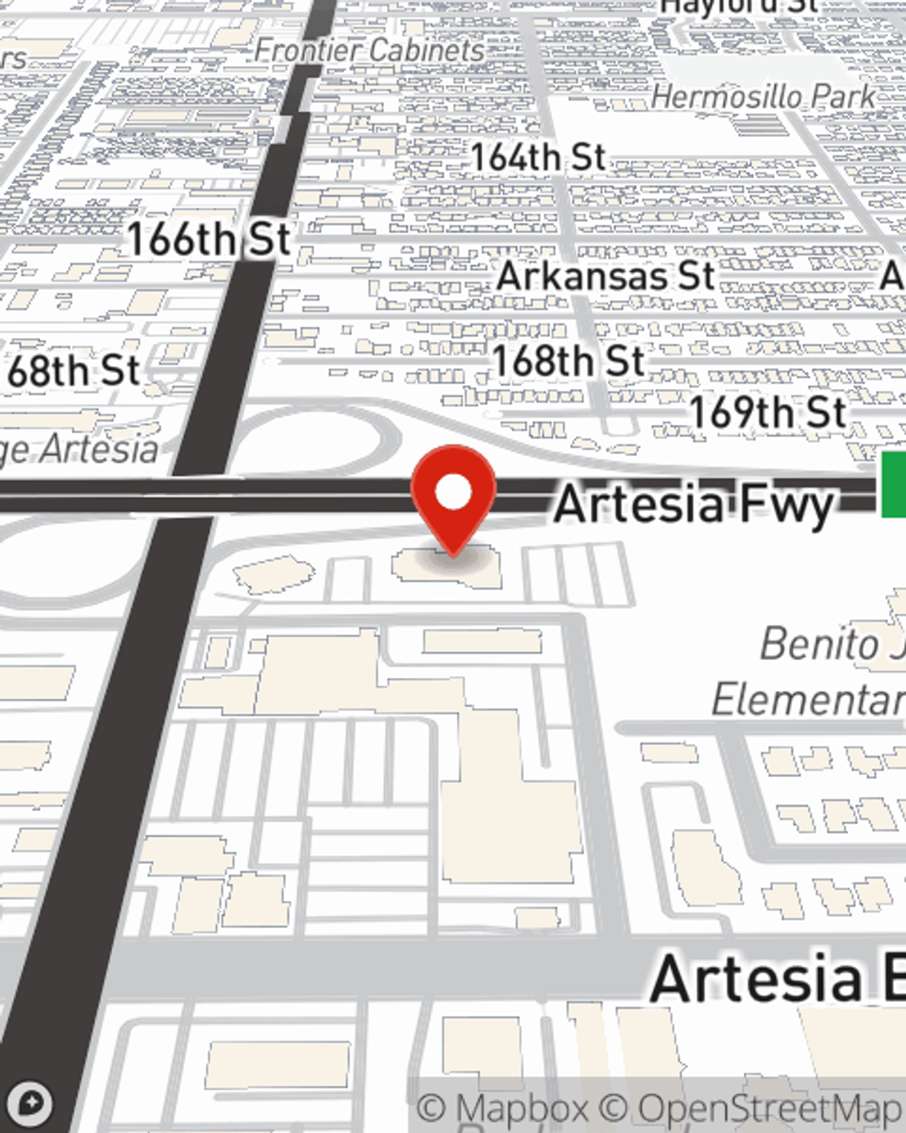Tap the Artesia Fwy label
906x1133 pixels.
(693, 504)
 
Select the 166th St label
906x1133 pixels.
(208, 240)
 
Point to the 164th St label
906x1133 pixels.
(537, 158)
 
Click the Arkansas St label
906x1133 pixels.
(605, 276)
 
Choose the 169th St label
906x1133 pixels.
(768, 413)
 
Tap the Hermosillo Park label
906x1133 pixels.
(763, 97)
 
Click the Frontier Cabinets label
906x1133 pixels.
(369, 51)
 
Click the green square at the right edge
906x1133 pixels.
(893, 486)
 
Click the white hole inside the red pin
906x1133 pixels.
(454, 492)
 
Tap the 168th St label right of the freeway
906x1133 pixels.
(569, 362)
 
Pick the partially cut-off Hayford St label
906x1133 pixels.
(738, 7)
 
